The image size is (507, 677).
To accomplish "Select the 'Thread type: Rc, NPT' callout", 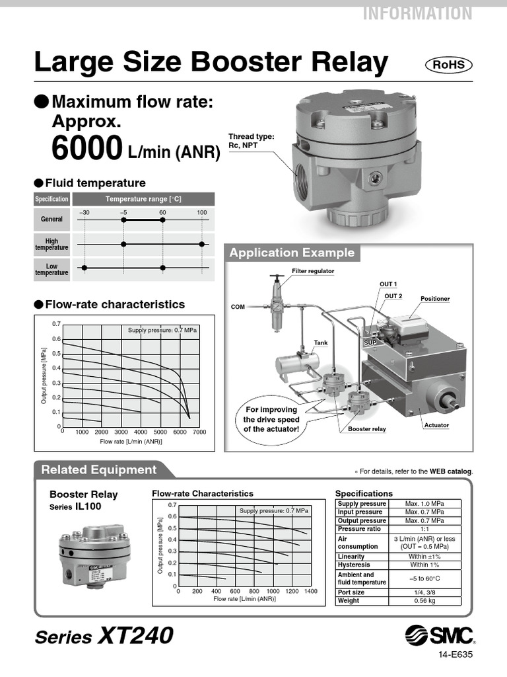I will [251, 141].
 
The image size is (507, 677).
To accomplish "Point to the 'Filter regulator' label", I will [313, 271].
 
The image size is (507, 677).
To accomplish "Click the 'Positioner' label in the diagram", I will [434, 299].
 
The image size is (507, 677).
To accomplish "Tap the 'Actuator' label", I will [436, 425].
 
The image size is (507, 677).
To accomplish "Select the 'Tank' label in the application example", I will [321, 343].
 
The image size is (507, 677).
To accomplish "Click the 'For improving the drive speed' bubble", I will [271, 419].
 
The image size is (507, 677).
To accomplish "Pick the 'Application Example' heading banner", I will [291, 253].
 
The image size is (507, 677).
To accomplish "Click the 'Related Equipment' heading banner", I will [99, 470].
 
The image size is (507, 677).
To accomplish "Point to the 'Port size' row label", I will [351, 592].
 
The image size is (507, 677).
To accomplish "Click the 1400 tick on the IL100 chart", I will [311, 592].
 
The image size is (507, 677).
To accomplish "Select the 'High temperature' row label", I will [51, 245].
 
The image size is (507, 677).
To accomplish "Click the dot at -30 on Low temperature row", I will [84, 268].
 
